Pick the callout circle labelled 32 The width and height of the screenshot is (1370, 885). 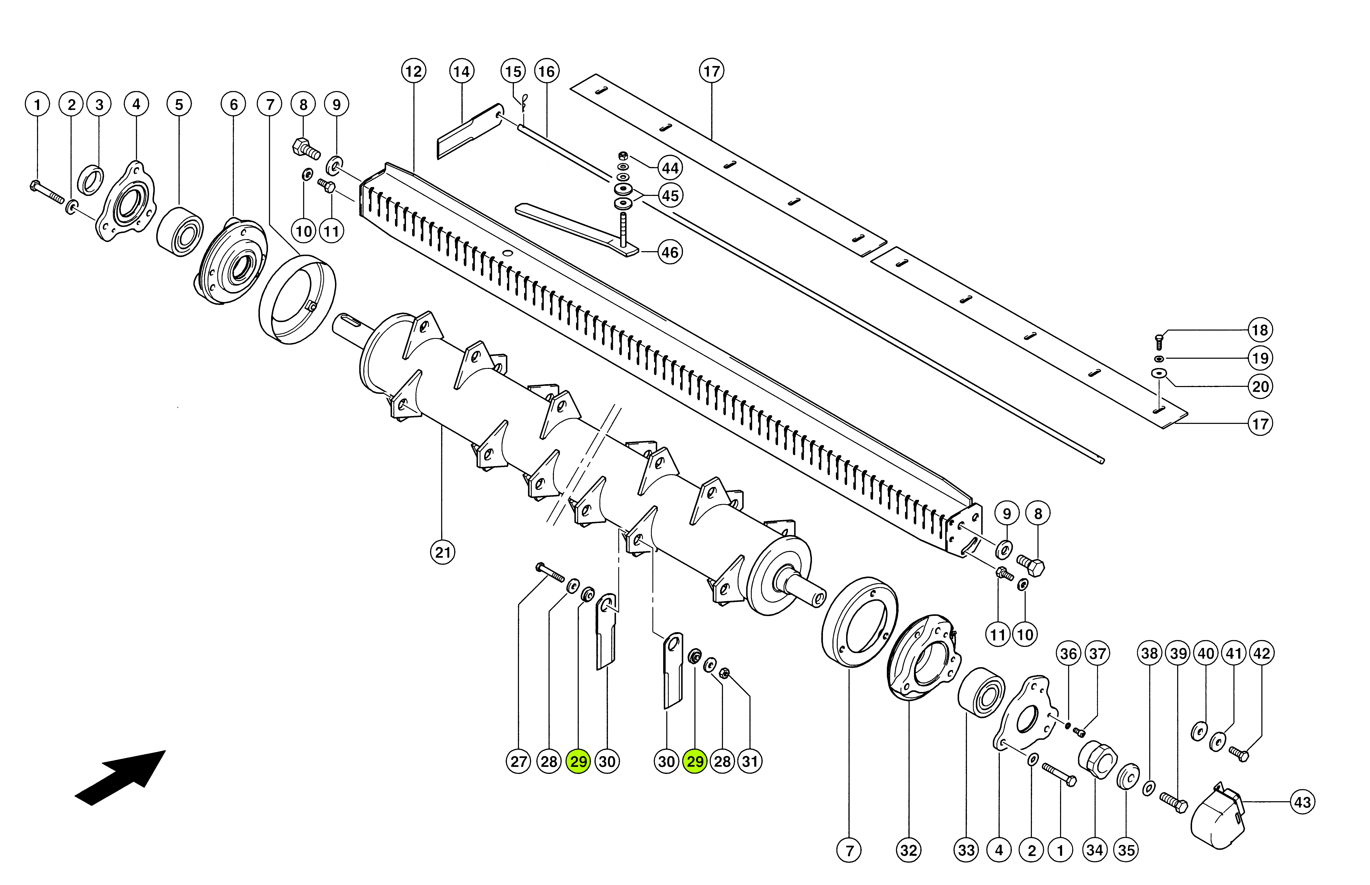(909, 850)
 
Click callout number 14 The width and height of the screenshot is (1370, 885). (461, 71)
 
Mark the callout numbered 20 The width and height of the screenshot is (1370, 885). (1260, 386)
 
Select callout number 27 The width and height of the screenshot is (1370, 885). (518, 761)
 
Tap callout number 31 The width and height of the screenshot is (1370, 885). (750, 761)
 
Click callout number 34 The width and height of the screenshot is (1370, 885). (1095, 850)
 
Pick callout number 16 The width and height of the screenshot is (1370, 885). (546, 71)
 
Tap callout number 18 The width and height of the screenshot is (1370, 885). (1260, 330)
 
